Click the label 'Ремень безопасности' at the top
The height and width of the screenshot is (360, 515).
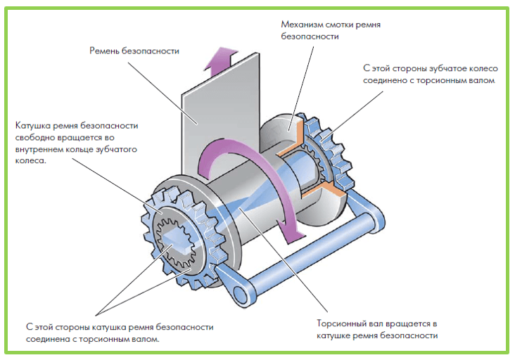tap(134, 51)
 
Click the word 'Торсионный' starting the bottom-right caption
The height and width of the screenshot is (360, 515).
tap(343, 323)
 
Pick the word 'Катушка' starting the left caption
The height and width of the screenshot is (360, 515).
tap(32, 126)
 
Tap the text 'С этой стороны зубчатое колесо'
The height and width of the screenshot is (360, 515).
tap(431, 69)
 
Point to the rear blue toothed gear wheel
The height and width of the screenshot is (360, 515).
tap(330, 151)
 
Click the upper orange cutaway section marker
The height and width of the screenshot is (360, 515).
tap(290, 137)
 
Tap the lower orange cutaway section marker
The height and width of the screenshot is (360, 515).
tap(331, 187)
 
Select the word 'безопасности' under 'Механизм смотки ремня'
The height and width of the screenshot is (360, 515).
tap(307, 36)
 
